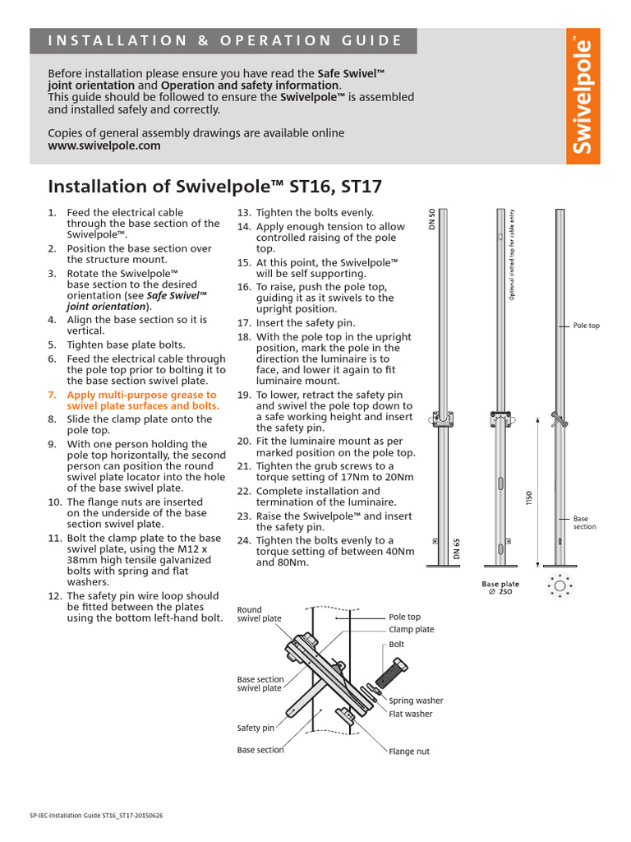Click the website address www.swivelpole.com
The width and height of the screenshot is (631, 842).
tap(104, 146)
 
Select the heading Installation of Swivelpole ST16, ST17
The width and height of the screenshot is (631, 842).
tap(215, 186)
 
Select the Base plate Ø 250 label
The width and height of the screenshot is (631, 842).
tap(500, 588)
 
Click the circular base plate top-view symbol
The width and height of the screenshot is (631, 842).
tap(560, 585)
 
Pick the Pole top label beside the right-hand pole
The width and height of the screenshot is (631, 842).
tap(587, 326)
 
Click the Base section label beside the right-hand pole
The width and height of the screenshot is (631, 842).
tap(584, 523)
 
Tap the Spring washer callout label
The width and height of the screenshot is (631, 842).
tap(416, 701)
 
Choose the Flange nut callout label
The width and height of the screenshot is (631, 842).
tap(408, 752)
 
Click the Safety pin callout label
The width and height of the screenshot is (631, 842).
tap(256, 728)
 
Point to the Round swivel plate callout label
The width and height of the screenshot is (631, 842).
tap(260, 614)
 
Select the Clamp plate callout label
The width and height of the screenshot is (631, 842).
tap(411, 630)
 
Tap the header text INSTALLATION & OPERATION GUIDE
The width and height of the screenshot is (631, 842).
tap(226, 40)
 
